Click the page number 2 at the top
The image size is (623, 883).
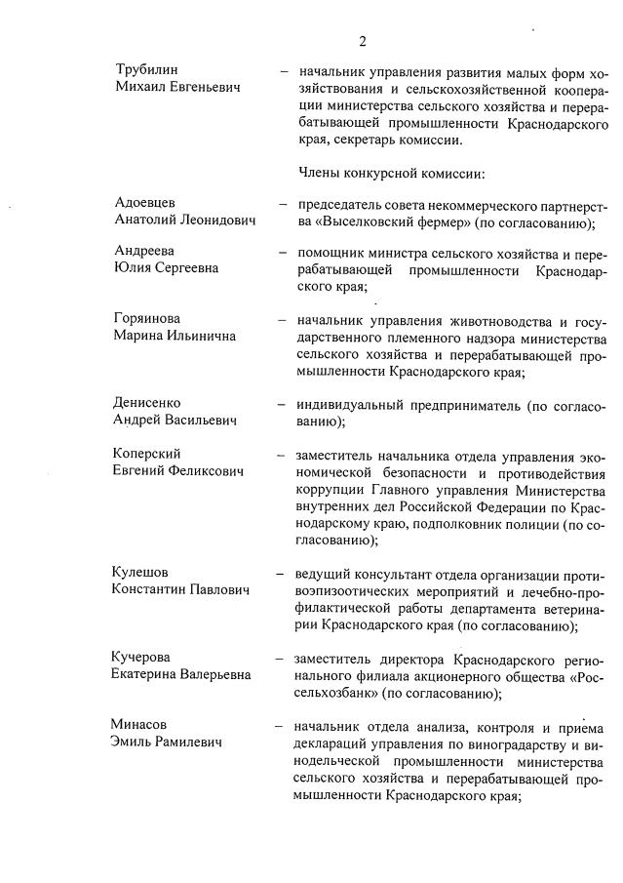pos(362,41)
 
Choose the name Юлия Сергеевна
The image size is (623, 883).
pos(166,268)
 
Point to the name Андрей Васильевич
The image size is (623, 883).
pos(175,421)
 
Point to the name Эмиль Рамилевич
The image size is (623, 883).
pos(167,743)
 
